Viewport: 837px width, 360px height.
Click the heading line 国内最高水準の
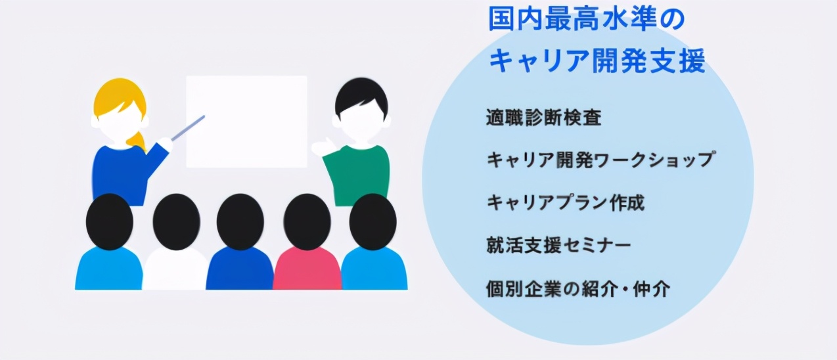586,20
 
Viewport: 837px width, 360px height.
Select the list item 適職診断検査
543,119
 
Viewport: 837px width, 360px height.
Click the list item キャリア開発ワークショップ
600,160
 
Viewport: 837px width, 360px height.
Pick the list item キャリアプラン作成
565,202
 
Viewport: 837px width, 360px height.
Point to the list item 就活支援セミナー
558,246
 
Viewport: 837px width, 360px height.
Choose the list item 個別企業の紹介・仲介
578,288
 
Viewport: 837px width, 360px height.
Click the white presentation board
246,122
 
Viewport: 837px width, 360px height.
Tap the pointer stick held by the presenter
189,127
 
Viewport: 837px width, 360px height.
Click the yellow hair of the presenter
118,92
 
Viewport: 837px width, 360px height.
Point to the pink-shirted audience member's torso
307,271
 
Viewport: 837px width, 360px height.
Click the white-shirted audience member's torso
175,271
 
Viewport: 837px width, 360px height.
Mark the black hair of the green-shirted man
361,92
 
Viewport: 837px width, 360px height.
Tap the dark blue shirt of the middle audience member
240,271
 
